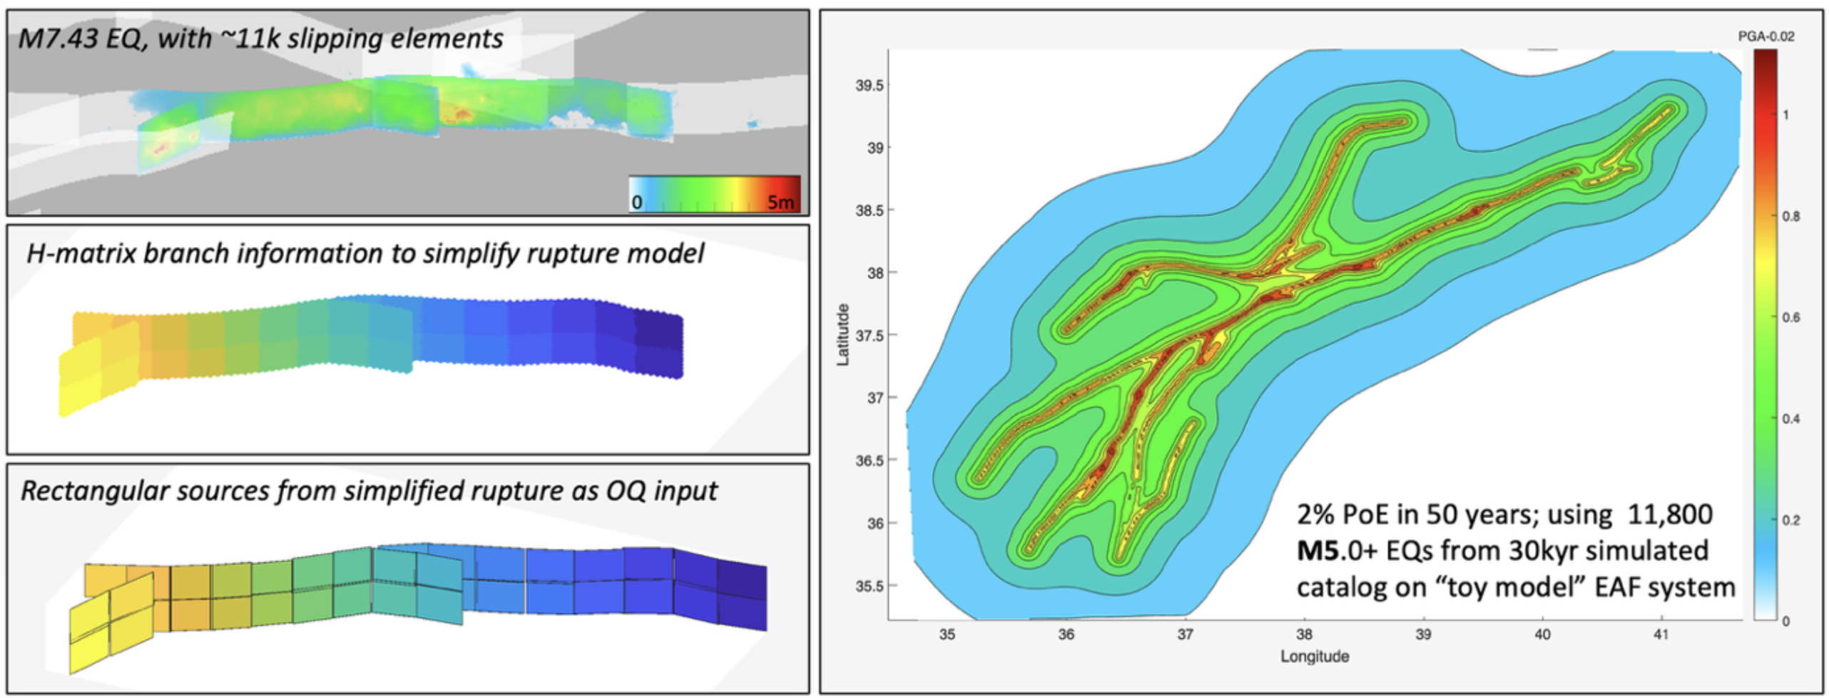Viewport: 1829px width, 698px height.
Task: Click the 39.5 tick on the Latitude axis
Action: [x=869, y=86]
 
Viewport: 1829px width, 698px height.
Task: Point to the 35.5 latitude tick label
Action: [x=869, y=586]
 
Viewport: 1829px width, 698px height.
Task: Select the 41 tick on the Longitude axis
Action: [x=1661, y=634]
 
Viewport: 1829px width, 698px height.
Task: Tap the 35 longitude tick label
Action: [x=947, y=634]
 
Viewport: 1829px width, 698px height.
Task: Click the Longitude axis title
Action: [x=1315, y=657]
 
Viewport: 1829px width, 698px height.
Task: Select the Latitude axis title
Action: [x=843, y=335]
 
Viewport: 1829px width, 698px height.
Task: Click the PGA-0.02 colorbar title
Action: [x=1766, y=36]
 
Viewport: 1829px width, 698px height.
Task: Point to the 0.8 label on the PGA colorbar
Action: [x=1790, y=216]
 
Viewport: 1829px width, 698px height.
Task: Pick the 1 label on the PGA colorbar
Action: [x=1785, y=115]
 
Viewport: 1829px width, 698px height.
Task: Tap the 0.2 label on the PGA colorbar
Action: [x=1790, y=520]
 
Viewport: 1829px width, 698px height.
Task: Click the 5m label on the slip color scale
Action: [x=780, y=203]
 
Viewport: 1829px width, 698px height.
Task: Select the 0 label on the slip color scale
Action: [x=636, y=203]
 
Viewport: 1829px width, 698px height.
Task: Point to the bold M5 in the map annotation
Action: [x=1312, y=550]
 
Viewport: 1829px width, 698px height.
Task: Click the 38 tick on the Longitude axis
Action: [x=1304, y=634]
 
